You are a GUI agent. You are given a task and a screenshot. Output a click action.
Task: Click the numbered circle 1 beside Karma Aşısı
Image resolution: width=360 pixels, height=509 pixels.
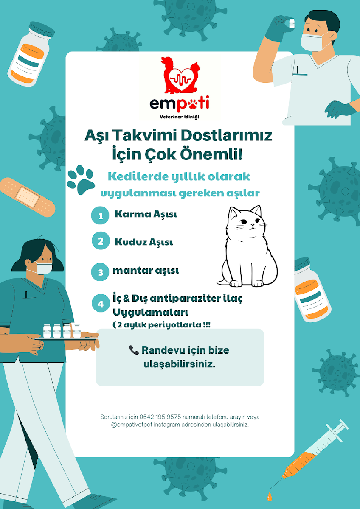coord(100,215)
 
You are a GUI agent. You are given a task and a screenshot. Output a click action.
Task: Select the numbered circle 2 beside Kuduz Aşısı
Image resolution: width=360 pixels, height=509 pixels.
coord(101,241)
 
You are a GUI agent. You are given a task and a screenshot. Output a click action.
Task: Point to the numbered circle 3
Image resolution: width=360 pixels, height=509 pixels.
coord(100,272)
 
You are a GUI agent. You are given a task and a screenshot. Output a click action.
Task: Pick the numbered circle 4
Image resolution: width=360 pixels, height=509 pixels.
coord(101,303)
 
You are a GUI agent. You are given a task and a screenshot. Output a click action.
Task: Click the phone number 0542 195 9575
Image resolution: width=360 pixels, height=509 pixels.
coord(160,417)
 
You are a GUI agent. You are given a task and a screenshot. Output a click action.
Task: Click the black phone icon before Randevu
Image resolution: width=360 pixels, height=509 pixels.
coord(134,350)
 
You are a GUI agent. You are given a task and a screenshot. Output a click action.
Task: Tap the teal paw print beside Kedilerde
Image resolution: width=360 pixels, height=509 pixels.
coord(81,180)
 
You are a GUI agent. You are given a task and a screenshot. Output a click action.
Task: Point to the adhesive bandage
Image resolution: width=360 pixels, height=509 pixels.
coord(27,197)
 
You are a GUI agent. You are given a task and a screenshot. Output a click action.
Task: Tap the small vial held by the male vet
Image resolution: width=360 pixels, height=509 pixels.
coord(291,23)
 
